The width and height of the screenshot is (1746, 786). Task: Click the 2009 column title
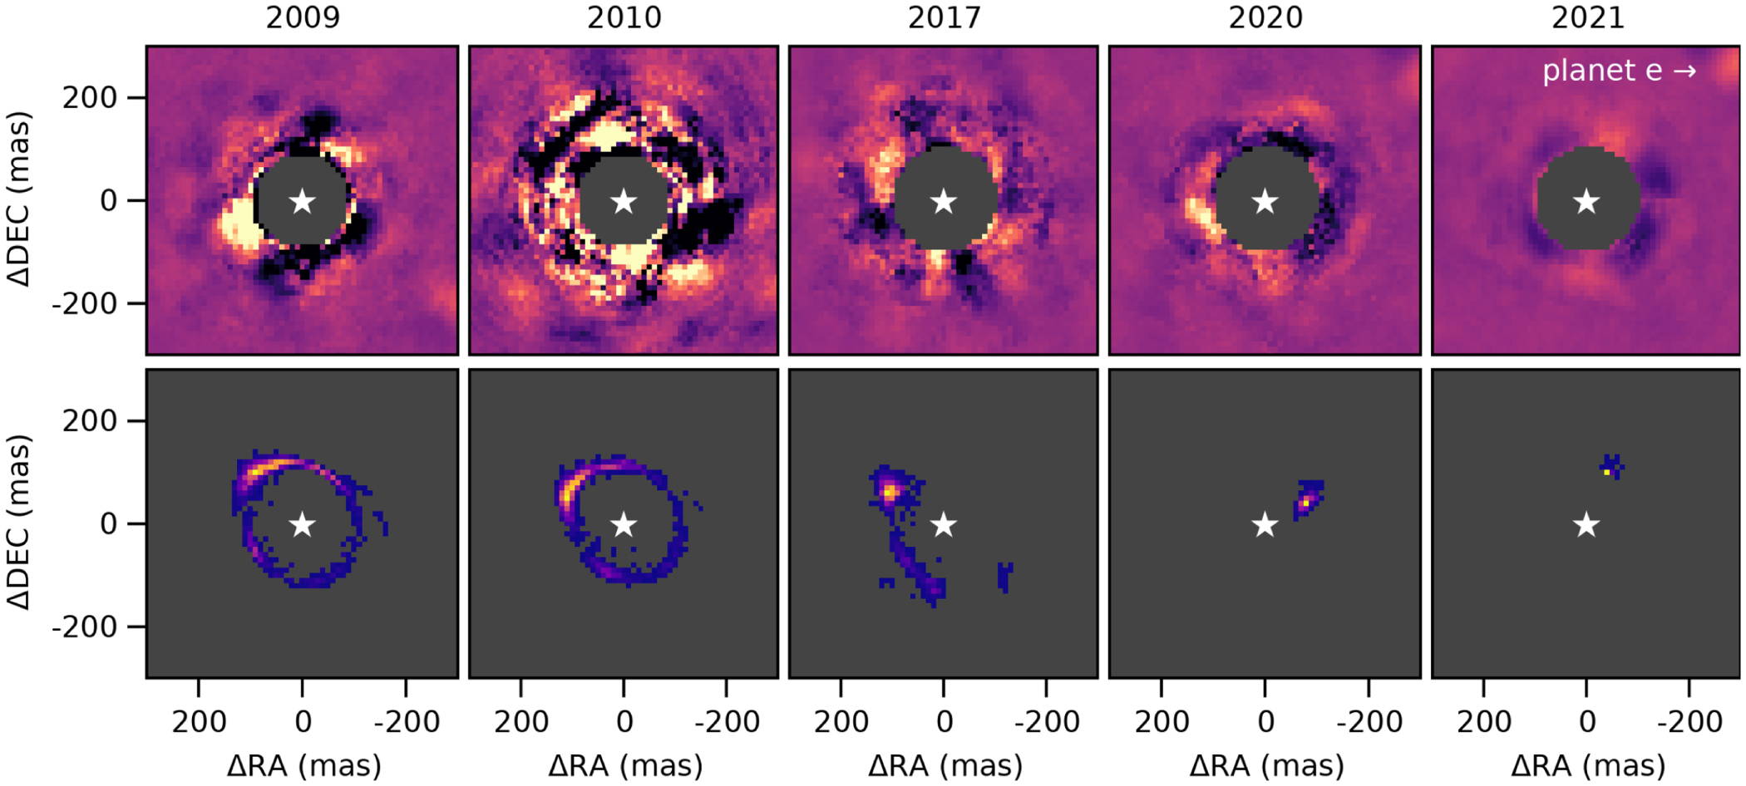pos(303,17)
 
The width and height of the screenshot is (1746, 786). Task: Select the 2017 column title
pos(944,17)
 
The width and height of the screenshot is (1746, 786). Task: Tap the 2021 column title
pos(1587,17)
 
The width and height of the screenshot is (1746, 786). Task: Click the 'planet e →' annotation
pos(1619,71)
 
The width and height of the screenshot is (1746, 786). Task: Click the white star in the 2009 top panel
pos(303,201)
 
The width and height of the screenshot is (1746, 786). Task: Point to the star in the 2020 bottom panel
pos(1265,525)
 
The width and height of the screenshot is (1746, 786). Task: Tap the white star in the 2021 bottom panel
pos(1586,525)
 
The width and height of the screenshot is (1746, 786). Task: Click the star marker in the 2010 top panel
pos(624,201)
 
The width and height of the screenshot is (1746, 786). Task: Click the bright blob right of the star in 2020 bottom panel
pos(1306,501)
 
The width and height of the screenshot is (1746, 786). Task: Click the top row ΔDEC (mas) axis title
pos(18,200)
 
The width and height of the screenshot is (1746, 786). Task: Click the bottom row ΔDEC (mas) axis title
pos(18,523)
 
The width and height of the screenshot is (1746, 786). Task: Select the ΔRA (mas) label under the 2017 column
pos(945,765)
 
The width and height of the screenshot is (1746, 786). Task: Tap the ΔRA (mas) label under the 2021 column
pos(1588,765)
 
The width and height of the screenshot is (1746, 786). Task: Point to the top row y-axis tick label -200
pos(85,304)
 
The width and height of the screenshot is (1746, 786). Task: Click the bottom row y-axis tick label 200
pos(90,421)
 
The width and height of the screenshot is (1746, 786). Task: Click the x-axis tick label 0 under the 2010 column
pos(624,722)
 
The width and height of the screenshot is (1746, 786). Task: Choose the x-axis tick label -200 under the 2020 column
pos(1369,722)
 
